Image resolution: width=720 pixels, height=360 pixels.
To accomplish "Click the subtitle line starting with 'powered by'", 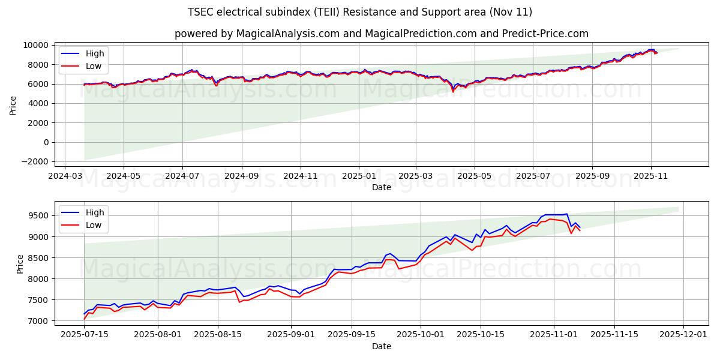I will click(x=381, y=34).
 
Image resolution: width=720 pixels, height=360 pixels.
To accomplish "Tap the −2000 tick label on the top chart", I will click(x=35, y=161).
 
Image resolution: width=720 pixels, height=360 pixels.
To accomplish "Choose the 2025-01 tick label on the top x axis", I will click(x=358, y=176).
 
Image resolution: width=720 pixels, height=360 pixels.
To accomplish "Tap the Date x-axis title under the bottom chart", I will click(x=381, y=346).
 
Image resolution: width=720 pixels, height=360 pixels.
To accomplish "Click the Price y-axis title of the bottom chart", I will click(x=20, y=264).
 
